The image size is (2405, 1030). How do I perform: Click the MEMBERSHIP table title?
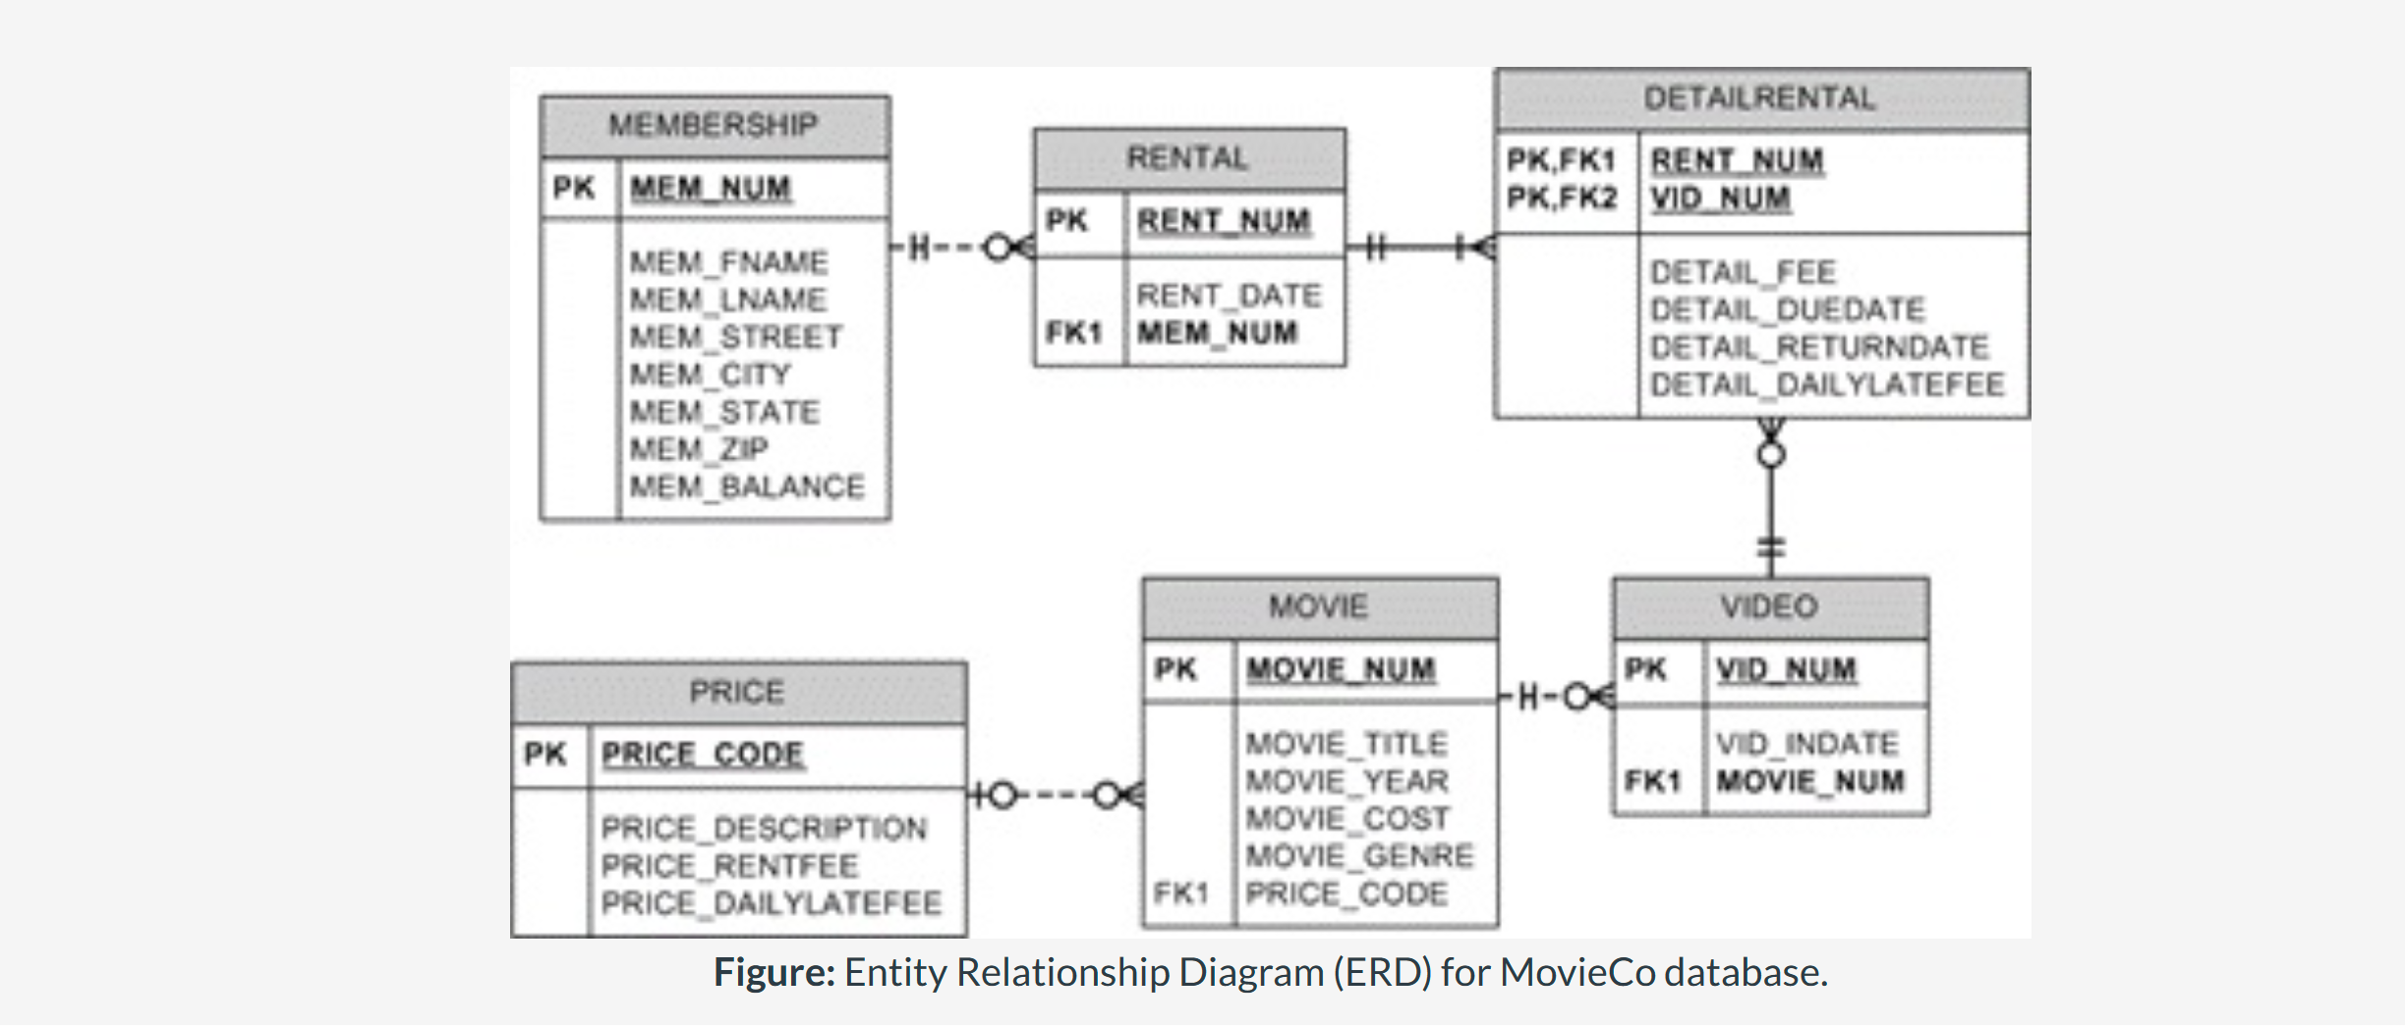click(713, 126)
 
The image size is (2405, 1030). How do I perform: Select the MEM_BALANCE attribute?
click(747, 486)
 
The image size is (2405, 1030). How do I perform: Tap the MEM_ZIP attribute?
click(699, 449)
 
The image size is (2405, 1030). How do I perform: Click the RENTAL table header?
click(1187, 158)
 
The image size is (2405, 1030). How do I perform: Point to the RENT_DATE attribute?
click(1229, 296)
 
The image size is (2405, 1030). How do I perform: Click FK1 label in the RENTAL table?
click(1073, 333)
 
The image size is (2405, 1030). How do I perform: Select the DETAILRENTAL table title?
click(1759, 98)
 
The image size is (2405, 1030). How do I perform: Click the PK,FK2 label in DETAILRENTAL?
click(1561, 199)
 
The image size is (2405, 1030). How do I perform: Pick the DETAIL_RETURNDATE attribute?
click(1819, 348)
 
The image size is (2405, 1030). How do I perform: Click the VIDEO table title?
click(1769, 606)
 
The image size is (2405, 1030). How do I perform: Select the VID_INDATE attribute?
click(1806, 744)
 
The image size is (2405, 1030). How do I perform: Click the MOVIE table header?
click(1318, 606)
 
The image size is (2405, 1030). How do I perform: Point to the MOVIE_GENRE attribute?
click(1359, 857)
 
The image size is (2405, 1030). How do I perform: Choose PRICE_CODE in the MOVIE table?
click(1346, 894)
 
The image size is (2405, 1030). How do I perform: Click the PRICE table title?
click(736, 692)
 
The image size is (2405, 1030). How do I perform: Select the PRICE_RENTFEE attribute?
click(729, 867)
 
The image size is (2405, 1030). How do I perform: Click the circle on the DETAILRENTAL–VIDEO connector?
click(1771, 455)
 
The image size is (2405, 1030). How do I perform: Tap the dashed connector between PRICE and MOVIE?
click(1053, 794)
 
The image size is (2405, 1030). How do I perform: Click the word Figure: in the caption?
click(773, 973)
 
